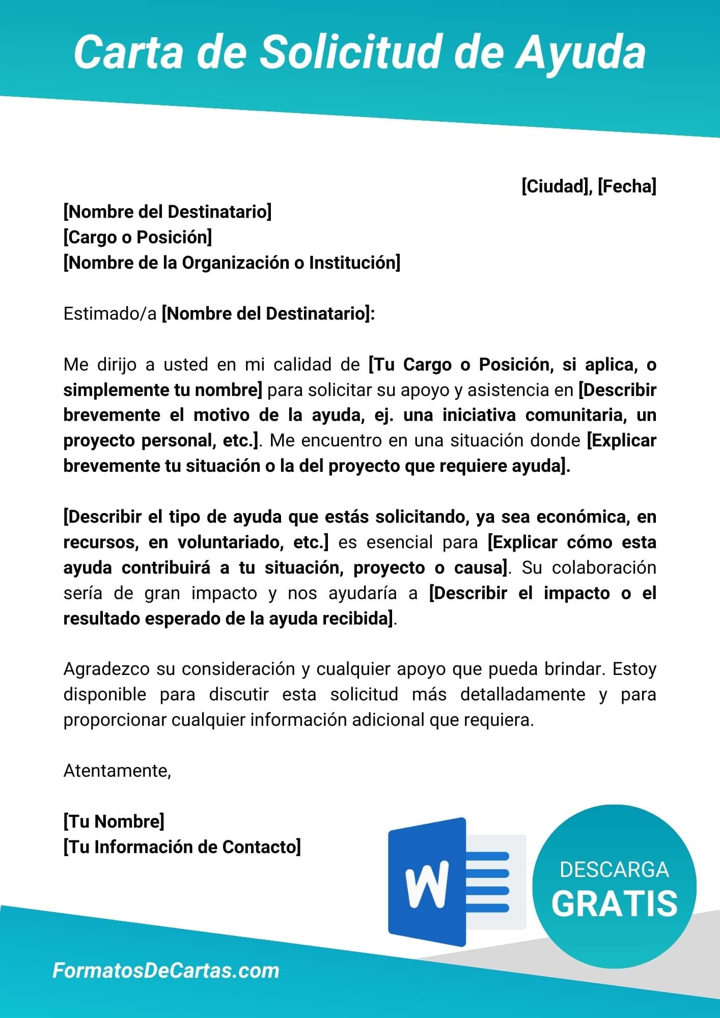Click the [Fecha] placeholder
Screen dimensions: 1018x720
(x=627, y=186)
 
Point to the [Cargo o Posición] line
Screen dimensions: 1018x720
(x=137, y=237)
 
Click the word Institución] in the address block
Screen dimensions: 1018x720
(x=354, y=263)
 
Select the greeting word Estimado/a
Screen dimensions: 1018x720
(x=110, y=314)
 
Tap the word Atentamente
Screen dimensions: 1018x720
(x=117, y=771)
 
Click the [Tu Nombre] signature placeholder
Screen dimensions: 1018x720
(x=114, y=822)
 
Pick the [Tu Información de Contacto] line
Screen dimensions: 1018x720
(x=182, y=847)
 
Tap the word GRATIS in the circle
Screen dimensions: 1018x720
(x=614, y=903)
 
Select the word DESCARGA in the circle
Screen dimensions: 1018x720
(x=614, y=869)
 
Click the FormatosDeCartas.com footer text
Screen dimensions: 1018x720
(x=166, y=970)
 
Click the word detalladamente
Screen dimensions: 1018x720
(x=522, y=694)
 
